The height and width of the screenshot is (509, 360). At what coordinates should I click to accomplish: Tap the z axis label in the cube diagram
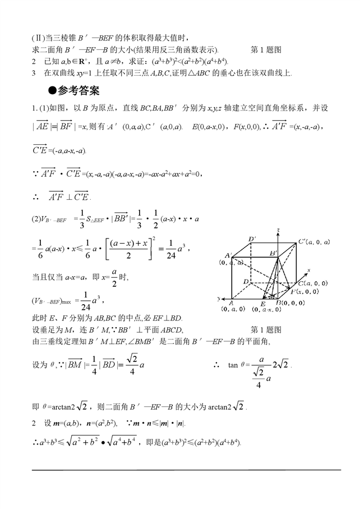point(278,230)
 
